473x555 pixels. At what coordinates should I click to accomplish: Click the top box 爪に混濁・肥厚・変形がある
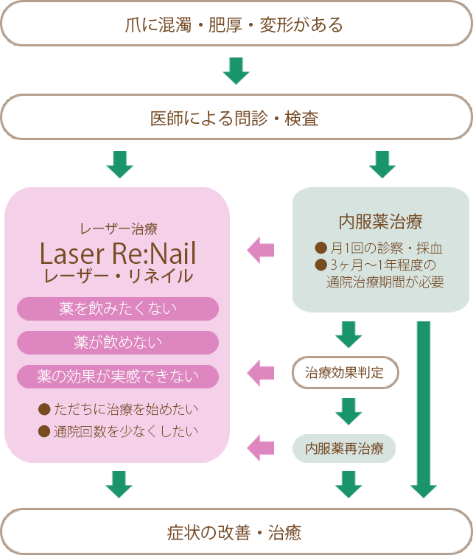pyautogui.click(x=236, y=25)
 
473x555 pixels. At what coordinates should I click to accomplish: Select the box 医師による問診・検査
pyautogui.click(x=236, y=118)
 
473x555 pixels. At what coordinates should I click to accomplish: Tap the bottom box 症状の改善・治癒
pyautogui.click(x=236, y=531)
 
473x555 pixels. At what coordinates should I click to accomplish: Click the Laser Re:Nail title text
pyautogui.click(x=118, y=253)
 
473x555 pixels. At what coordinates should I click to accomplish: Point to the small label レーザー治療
pyautogui.click(x=118, y=228)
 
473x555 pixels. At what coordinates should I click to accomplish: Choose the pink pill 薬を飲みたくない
pyautogui.click(x=118, y=309)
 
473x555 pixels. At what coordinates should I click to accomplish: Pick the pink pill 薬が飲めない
pyautogui.click(x=118, y=343)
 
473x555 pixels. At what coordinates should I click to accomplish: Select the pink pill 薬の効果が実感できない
pyautogui.click(x=118, y=377)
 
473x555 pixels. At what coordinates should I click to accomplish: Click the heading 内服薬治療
pyautogui.click(x=380, y=221)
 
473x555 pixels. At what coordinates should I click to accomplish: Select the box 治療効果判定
pyautogui.click(x=345, y=372)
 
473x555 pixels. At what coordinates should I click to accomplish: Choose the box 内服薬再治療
pyautogui.click(x=345, y=447)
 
